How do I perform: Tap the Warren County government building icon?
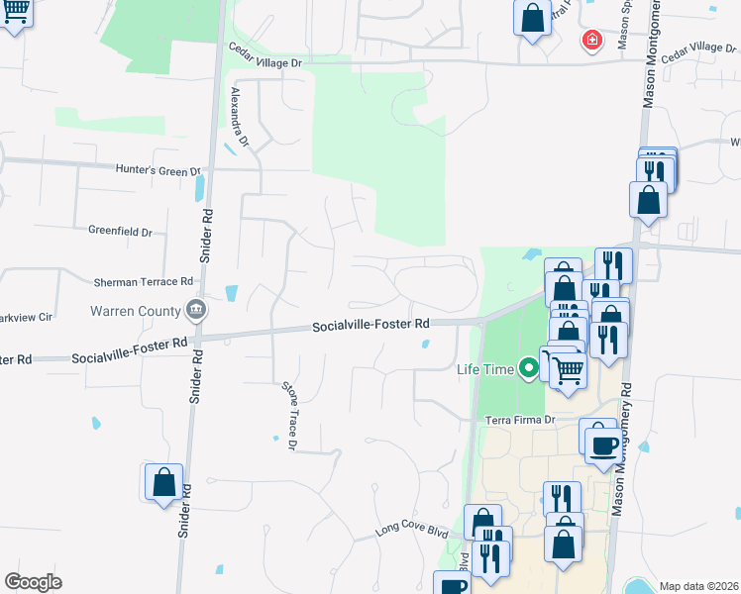196,311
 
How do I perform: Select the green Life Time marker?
529,369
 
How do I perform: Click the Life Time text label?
485,369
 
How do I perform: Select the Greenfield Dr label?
120,233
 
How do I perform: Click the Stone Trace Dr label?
289,416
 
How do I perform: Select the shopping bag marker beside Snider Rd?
164,482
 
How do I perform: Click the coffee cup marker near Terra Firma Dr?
602,442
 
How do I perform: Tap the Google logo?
33,581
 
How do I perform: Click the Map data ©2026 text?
697,586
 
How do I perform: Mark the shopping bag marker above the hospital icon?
532,17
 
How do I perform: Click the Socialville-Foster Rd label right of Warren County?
370,325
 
